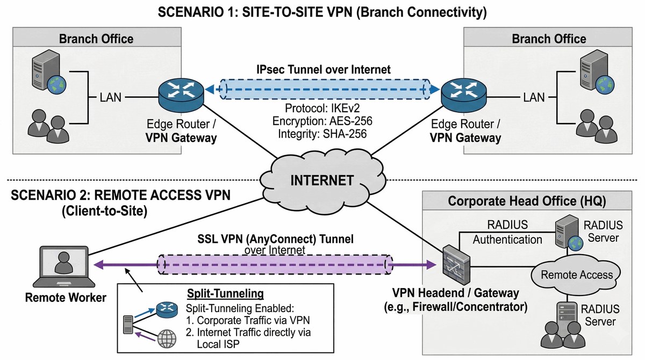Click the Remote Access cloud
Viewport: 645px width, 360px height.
tap(576, 275)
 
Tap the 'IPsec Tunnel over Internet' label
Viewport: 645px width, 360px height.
tap(322, 69)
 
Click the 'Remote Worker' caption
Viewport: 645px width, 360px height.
tap(66, 297)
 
